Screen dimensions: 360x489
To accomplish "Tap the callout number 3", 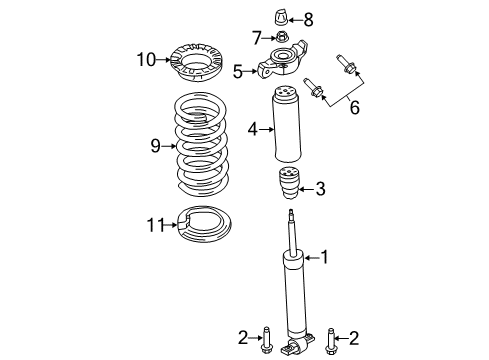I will [x=319, y=187].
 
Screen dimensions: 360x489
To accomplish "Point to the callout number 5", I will [x=238, y=71].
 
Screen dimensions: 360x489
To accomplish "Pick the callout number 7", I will [x=256, y=38].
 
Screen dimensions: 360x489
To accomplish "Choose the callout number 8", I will [x=309, y=18].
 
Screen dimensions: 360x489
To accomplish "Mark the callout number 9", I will [x=155, y=147].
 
